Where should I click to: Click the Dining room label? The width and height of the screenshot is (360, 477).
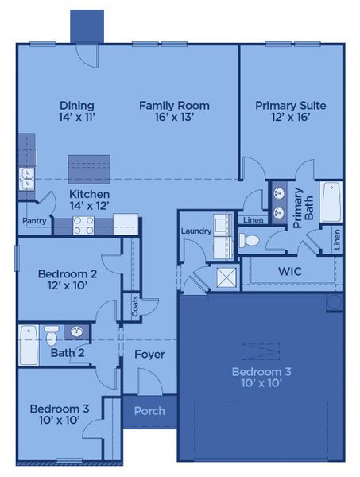76,105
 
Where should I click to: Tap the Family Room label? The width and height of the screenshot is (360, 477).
174,105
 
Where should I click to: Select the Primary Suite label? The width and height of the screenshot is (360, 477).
290,105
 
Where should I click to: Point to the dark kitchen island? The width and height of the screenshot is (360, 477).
88,169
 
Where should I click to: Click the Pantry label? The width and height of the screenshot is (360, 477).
33,221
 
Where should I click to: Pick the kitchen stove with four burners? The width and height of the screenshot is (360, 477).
84,225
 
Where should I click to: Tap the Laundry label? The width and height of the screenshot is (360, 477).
195,231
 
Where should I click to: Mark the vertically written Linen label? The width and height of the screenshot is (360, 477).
338,238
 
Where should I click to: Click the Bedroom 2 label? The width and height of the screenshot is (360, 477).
68,274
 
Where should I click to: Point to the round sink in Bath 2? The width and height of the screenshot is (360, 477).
77,332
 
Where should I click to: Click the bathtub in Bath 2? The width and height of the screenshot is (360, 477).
28,344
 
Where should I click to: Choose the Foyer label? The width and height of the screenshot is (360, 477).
149,354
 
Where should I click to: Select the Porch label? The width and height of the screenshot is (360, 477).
149,411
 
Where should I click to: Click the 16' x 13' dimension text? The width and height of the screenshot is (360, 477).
174,118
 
